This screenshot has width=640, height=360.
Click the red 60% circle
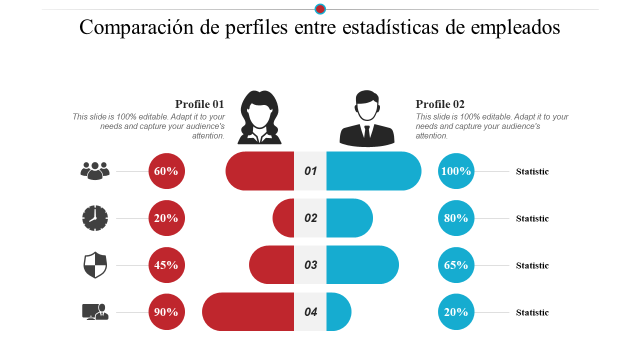pos(166,171)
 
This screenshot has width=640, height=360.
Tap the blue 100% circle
pos(456,171)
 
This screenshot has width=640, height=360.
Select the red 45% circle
pos(166,265)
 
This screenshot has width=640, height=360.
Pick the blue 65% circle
pos(456,265)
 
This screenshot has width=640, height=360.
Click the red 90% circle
pos(166,312)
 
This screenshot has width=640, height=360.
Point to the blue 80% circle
pos(456,218)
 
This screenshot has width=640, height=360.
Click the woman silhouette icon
pos(259,117)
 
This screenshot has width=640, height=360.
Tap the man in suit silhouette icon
pos(367,118)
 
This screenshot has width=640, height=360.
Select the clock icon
pos(95,218)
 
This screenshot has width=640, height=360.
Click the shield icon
pos(95,265)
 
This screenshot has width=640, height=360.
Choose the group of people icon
pos(95,171)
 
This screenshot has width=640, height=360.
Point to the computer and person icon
pos(95,311)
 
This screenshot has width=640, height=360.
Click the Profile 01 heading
pos(199,104)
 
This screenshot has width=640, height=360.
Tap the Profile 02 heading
pos(440,104)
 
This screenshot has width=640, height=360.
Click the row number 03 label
pos(310,265)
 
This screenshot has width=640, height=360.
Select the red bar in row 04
pos(248,312)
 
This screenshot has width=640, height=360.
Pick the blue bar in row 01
pos(373,171)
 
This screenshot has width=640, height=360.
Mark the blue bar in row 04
pos(338,312)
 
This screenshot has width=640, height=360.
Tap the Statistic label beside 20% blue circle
pos(532,312)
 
